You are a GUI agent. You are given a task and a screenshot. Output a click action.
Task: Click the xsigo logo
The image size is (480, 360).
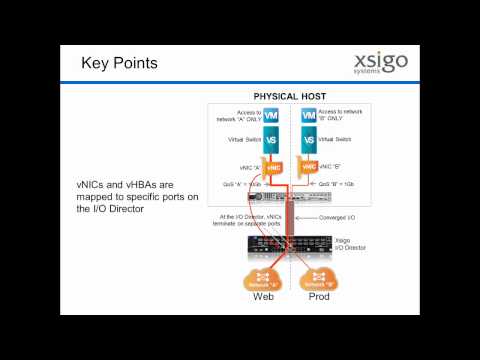[380, 65]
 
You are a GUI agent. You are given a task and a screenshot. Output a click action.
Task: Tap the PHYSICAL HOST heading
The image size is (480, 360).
[287, 96]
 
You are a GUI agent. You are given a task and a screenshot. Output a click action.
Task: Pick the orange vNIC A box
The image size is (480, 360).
[275, 167]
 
